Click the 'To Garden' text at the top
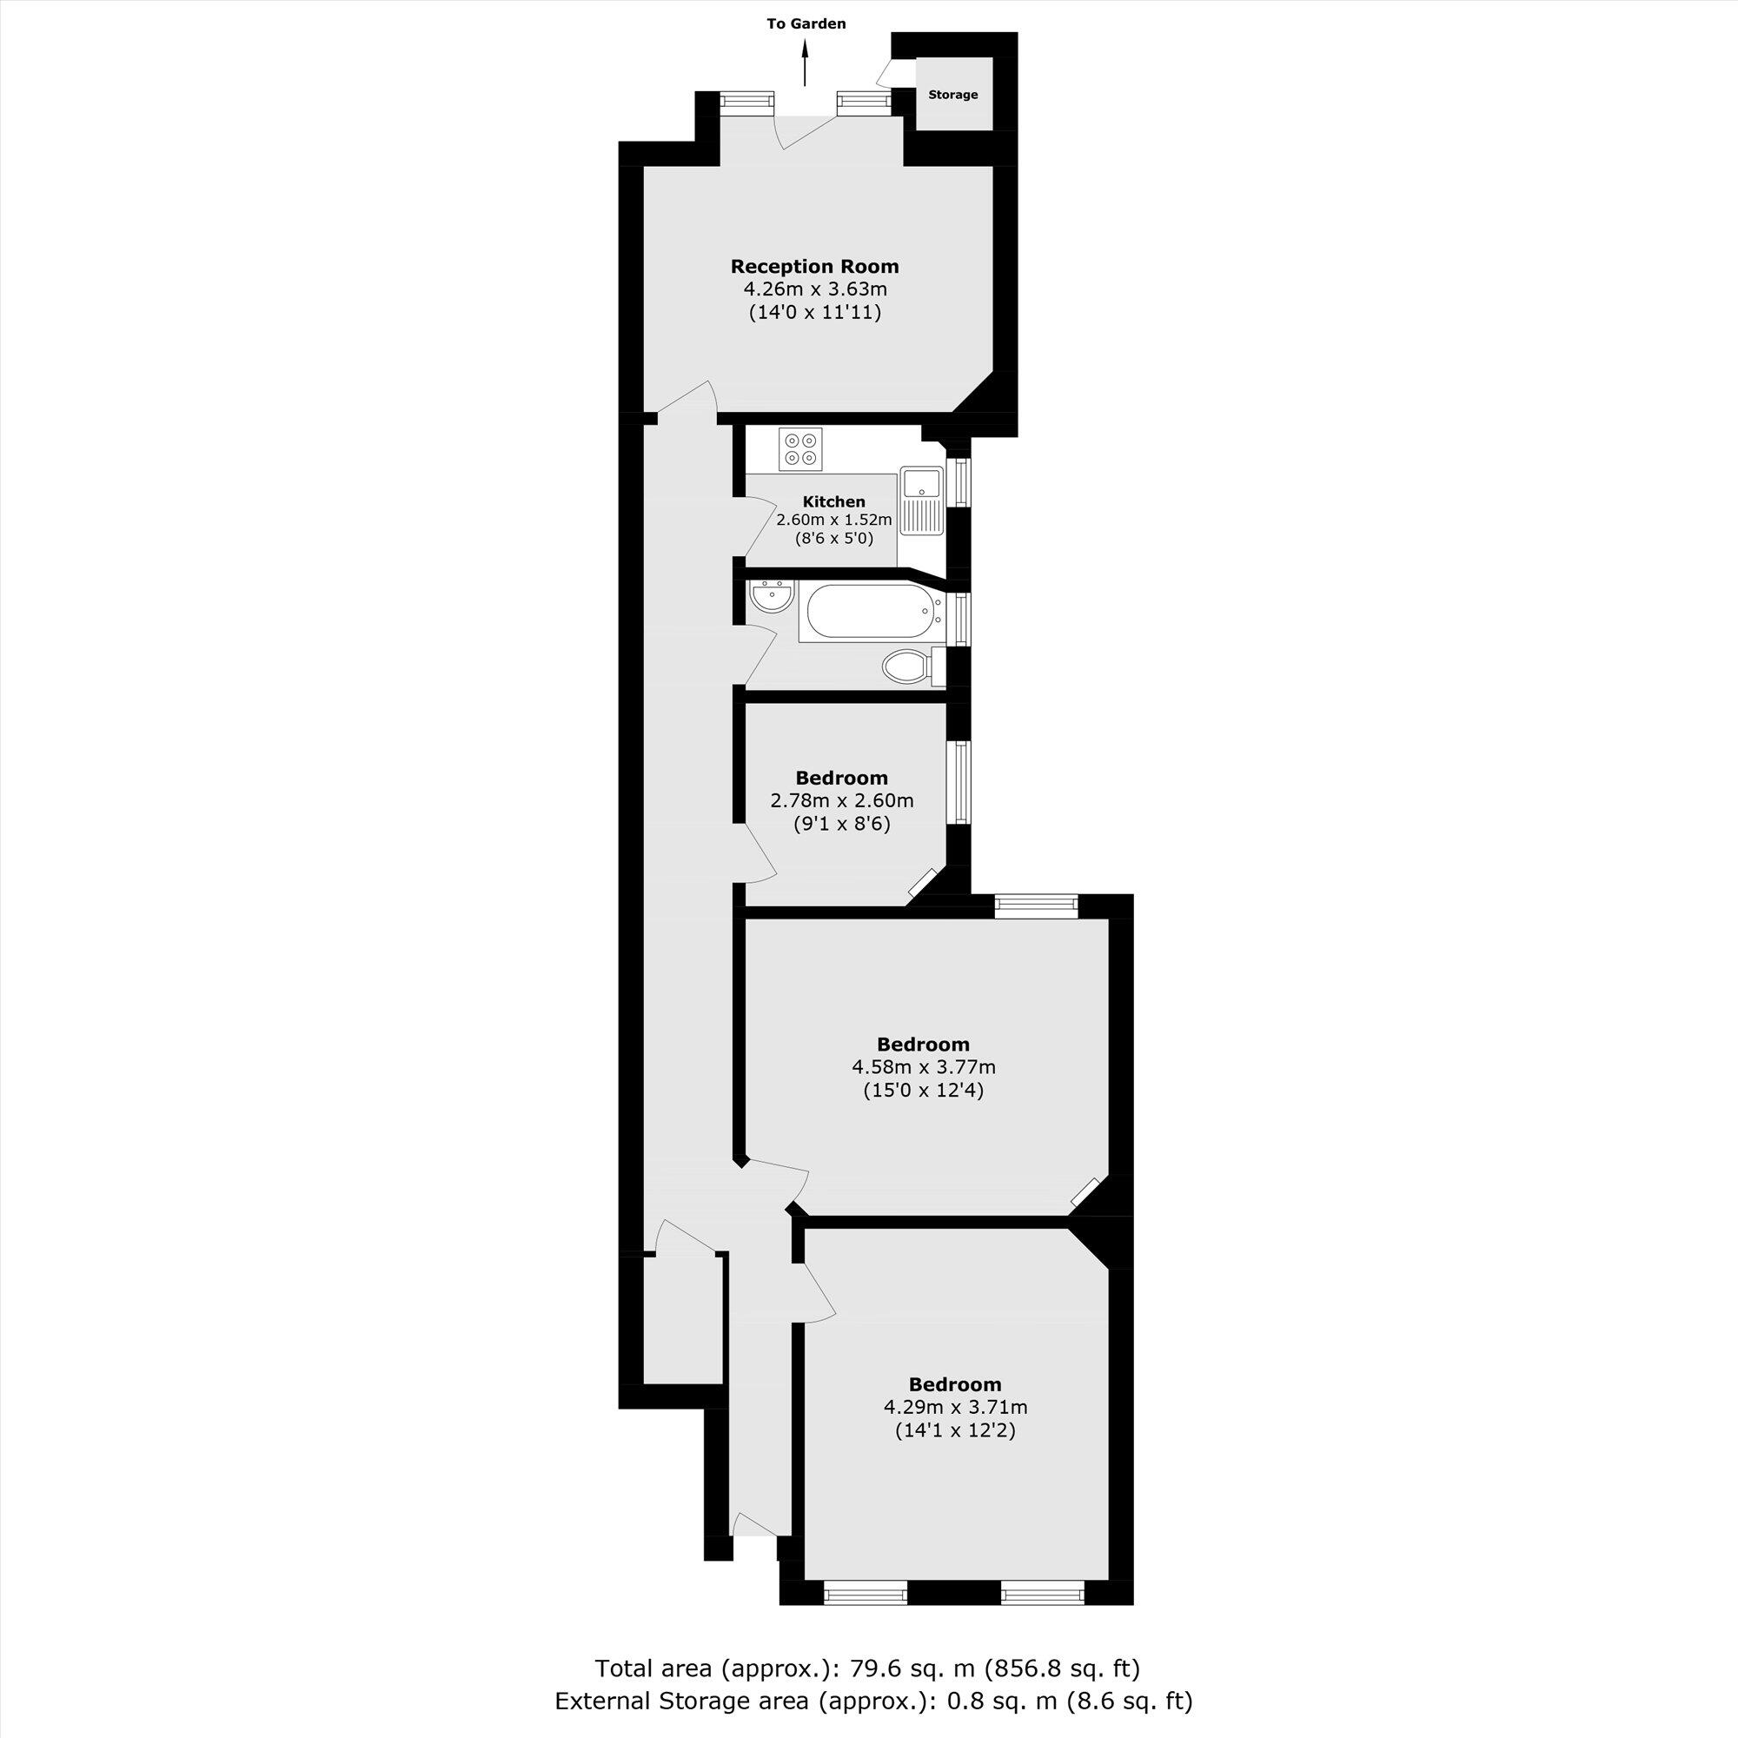click(x=806, y=24)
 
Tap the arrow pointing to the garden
click(x=806, y=67)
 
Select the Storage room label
click(x=952, y=95)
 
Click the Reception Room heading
click(x=814, y=266)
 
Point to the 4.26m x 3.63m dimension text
click(x=814, y=289)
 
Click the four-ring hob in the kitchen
click(x=801, y=450)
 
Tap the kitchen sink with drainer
click(x=921, y=502)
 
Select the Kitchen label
click(x=834, y=502)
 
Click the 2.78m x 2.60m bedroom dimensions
click(x=842, y=800)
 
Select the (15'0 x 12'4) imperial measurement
click(x=923, y=1091)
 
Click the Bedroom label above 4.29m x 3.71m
click(x=954, y=1383)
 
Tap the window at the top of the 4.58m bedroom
click(x=1037, y=905)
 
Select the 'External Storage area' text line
click(x=872, y=1702)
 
